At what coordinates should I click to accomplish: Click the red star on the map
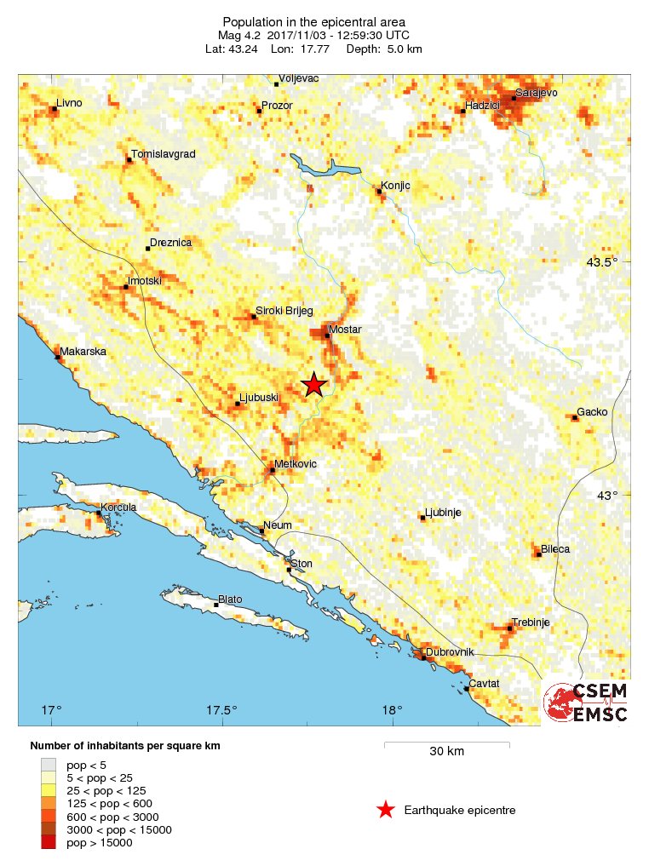(x=314, y=385)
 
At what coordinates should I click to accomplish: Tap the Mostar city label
(x=345, y=330)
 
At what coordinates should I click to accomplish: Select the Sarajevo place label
(x=536, y=92)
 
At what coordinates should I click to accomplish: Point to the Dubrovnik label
(x=449, y=651)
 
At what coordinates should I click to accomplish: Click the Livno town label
(x=69, y=103)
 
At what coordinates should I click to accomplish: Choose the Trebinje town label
(x=531, y=622)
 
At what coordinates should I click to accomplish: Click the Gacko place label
(x=592, y=412)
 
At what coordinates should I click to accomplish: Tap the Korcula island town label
(x=118, y=508)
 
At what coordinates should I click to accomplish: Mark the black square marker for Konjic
(x=380, y=192)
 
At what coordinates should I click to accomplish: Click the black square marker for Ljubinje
(x=423, y=519)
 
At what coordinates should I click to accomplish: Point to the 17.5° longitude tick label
(x=221, y=710)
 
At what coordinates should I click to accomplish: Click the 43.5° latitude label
(x=610, y=261)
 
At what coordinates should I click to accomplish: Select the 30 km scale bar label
(x=446, y=751)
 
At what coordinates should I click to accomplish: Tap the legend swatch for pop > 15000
(x=49, y=842)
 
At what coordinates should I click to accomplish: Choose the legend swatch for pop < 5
(x=49, y=764)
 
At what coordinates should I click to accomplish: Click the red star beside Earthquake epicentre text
(x=386, y=810)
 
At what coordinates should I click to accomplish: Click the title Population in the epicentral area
(x=314, y=22)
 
